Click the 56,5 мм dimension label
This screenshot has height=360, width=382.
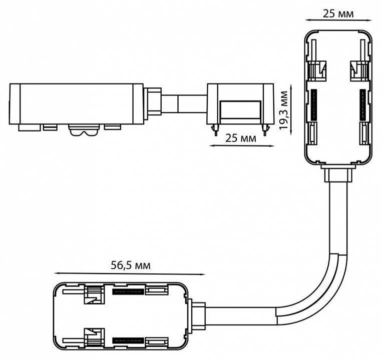pos(129,264)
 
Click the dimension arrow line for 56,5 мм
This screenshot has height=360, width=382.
pos(129,273)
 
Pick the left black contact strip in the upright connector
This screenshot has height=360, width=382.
pos(314,104)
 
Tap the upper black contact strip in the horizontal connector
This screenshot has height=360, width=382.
pos(129,291)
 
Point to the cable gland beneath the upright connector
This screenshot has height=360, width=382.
pos(337,175)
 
